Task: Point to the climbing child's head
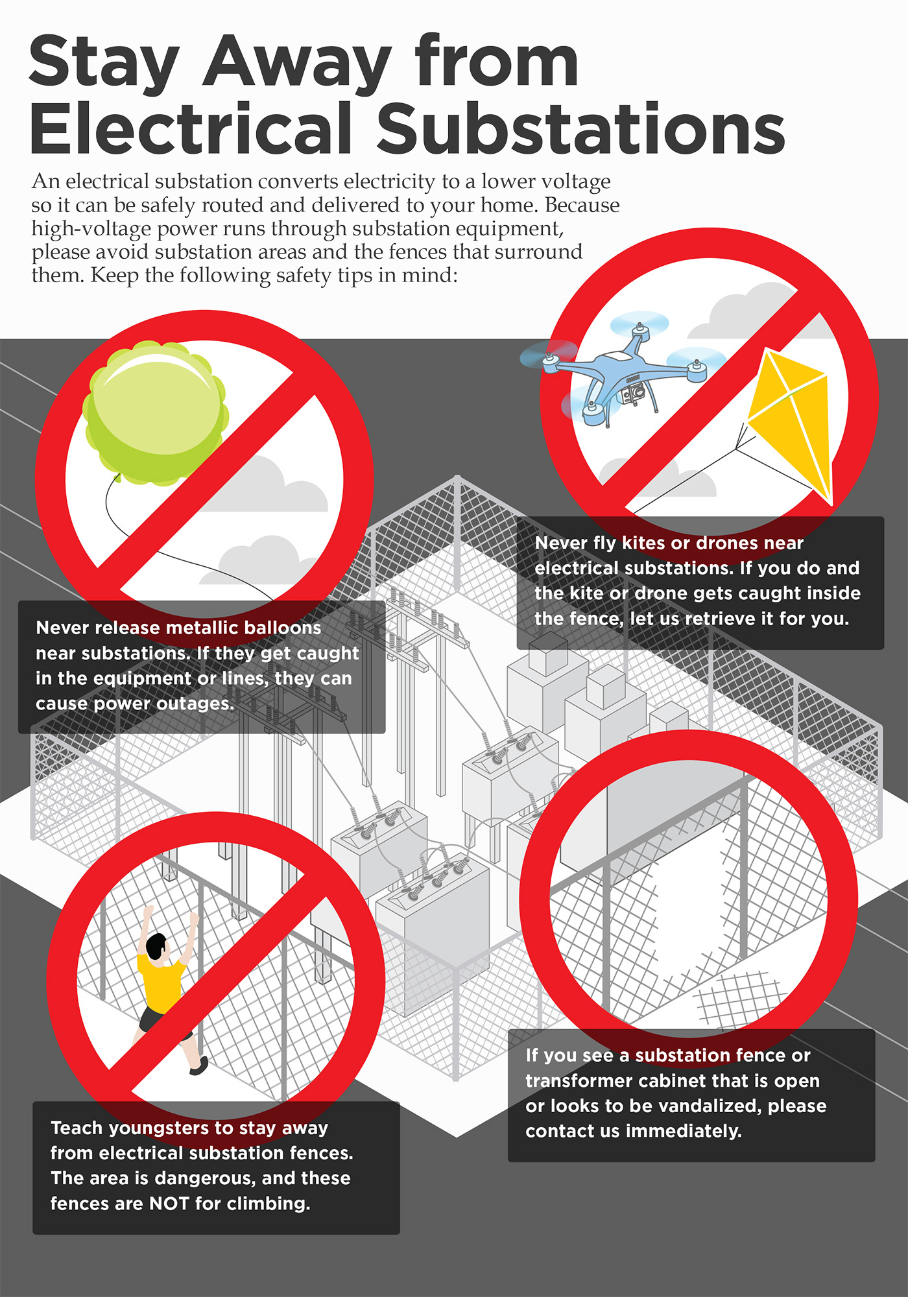point(157,948)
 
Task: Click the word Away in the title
point(298,62)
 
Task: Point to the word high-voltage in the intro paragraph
point(91,229)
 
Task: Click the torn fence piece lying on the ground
point(739,999)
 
